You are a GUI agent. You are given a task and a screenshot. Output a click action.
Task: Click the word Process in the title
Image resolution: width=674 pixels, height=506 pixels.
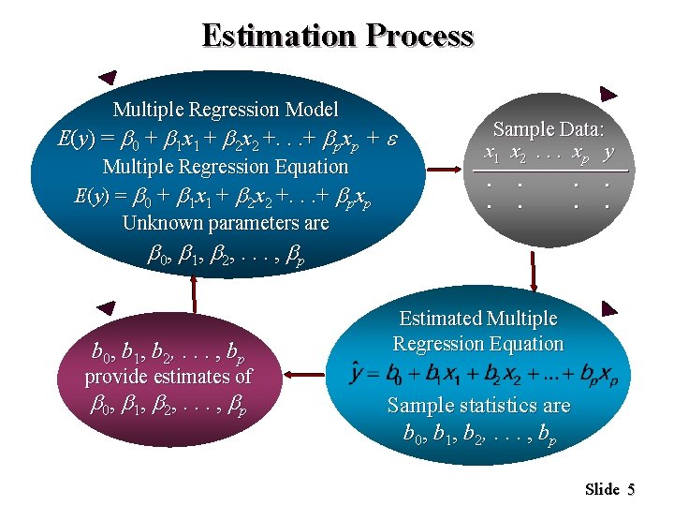420,36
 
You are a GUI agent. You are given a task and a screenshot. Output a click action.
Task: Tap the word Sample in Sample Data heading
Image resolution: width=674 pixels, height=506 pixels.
521,130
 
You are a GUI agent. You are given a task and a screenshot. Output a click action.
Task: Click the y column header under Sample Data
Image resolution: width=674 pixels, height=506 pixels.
609,151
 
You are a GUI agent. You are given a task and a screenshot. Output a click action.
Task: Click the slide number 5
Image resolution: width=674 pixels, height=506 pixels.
632,489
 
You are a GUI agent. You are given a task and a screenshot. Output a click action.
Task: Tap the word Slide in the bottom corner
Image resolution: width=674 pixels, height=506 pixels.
602,489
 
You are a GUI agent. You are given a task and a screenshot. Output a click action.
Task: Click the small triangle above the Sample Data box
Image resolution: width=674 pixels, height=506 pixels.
608,94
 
